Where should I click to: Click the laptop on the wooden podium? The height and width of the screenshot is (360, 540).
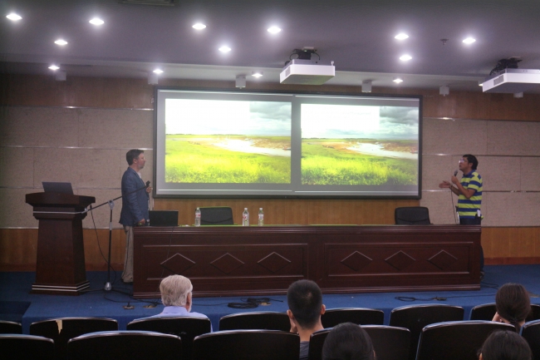pos(57,188)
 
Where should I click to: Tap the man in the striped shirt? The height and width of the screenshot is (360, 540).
pos(469,191)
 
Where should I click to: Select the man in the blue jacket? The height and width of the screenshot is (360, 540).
pos(134,195)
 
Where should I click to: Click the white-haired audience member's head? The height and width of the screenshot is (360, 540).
pos(176,291)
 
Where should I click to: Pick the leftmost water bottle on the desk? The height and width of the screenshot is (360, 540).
pos(198,217)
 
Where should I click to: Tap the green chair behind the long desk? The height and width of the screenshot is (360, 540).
pos(216,216)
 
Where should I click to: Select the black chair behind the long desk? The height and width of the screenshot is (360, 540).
pos(412,215)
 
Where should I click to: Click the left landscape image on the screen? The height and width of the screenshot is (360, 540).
pos(228,141)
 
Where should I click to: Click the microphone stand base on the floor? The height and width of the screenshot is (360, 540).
pos(108,288)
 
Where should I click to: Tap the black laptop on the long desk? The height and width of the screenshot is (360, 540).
pos(163,218)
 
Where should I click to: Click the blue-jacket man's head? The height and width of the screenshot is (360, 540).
pos(134,157)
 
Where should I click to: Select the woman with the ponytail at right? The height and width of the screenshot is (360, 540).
pos(512,307)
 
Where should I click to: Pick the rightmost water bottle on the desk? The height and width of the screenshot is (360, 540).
pos(260,217)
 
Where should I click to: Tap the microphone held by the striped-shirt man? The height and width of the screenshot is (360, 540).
pos(454,175)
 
